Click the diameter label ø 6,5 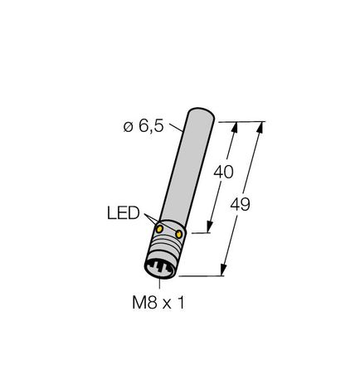tap(146, 126)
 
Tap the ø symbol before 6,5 tap(128, 126)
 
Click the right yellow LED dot tap(178, 236)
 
